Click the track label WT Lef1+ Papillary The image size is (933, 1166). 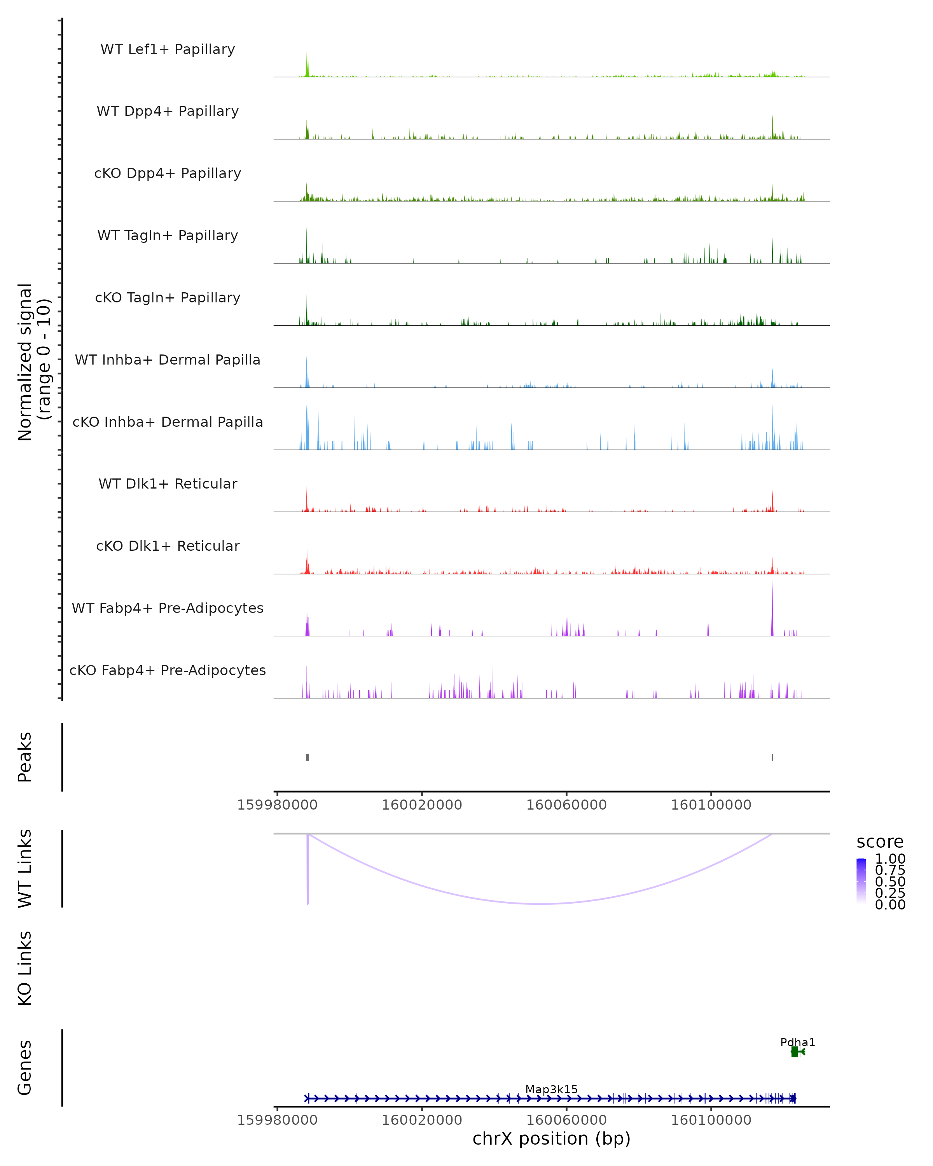point(168,49)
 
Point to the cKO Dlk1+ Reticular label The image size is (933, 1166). point(168,546)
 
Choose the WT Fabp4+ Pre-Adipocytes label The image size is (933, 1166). point(168,608)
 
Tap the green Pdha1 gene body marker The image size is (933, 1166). point(794,1051)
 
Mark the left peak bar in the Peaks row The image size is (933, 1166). point(307,757)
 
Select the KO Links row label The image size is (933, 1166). point(25,968)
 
